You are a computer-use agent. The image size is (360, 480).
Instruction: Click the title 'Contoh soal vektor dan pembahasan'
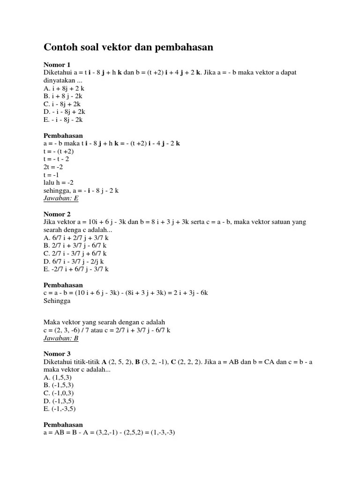pos(128,47)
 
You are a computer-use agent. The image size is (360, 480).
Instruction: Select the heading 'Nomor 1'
pos(57,64)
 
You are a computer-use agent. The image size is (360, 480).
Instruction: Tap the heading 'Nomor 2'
pos(57,214)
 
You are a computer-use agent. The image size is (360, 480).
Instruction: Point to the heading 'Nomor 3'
pos(57,353)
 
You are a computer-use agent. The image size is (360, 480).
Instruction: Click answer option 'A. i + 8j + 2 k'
pos(64,88)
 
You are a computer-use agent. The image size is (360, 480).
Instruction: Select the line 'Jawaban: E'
pos(61,198)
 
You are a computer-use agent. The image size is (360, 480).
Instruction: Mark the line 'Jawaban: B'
pos(61,337)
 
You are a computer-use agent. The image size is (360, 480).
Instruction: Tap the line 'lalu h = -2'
pos(59,182)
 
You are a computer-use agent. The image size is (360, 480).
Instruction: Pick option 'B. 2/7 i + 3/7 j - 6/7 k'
pos(75,245)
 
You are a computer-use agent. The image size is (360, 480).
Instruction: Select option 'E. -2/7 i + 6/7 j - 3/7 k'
pos(76,269)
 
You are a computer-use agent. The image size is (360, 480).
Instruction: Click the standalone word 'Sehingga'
pos(57,300)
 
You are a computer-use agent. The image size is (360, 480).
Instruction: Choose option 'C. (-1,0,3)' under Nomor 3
pos(59,393)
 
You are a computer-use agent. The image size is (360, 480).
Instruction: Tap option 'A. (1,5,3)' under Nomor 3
pos(57,377)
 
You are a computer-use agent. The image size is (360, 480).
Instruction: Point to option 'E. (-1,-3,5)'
pos(60,408)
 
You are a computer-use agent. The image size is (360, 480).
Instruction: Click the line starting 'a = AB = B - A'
pos(109,432)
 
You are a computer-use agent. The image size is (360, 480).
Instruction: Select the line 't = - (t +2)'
pos(59,151)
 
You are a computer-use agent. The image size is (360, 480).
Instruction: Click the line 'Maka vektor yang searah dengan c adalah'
pos(104,322)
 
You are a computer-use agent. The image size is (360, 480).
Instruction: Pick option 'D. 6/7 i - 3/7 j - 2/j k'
pos(74,261)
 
